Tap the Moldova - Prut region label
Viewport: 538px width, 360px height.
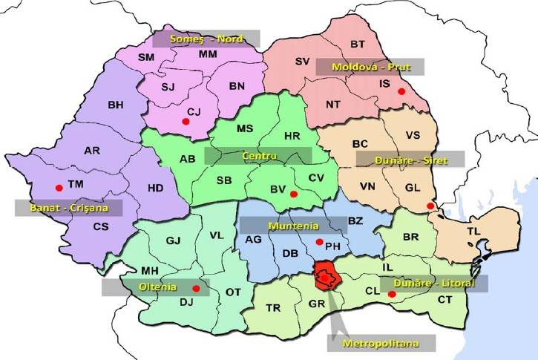[370, 67]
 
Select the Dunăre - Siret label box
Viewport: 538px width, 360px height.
[410, 159]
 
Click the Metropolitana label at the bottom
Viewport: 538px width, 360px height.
[381, 344]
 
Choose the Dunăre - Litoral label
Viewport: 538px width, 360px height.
[433, 283]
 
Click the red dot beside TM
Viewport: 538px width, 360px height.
[59, 187]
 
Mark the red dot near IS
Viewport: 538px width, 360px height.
[401, 91]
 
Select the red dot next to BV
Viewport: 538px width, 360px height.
[294, 194]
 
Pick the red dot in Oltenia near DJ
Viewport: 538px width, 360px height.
[196, 289]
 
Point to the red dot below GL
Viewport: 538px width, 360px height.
[430, 206]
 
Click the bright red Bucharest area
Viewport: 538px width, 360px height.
[326, 276]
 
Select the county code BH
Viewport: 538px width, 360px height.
[116, 105]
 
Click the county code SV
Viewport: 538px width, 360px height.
[302, 61]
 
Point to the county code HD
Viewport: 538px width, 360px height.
[155, 188]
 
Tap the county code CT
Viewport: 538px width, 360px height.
[444, 300]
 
